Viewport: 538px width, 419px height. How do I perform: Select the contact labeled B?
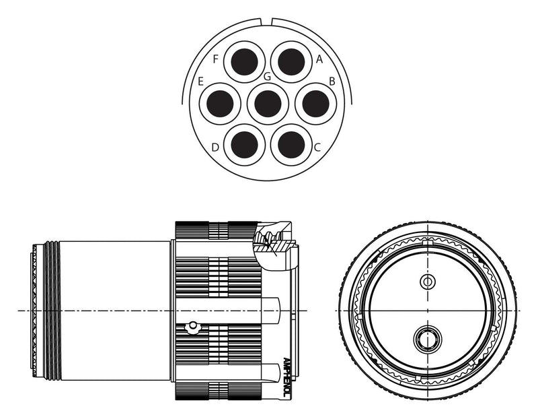point(315,104)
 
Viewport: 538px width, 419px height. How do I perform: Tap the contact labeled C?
point(291,145)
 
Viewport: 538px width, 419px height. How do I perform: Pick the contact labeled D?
point(245,145)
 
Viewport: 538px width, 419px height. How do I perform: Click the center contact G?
point(268,104)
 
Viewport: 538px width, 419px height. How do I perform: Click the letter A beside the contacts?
point(319,59)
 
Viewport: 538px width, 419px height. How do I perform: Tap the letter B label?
point(332,82)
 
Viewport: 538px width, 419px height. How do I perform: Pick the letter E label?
point(201,82)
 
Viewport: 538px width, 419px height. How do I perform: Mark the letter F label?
point(216,59)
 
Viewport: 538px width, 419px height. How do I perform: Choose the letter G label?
point(267,77)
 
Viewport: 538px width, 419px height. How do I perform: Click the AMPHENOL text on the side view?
point(287,378)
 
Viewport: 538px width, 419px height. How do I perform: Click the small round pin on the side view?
point(193,327)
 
